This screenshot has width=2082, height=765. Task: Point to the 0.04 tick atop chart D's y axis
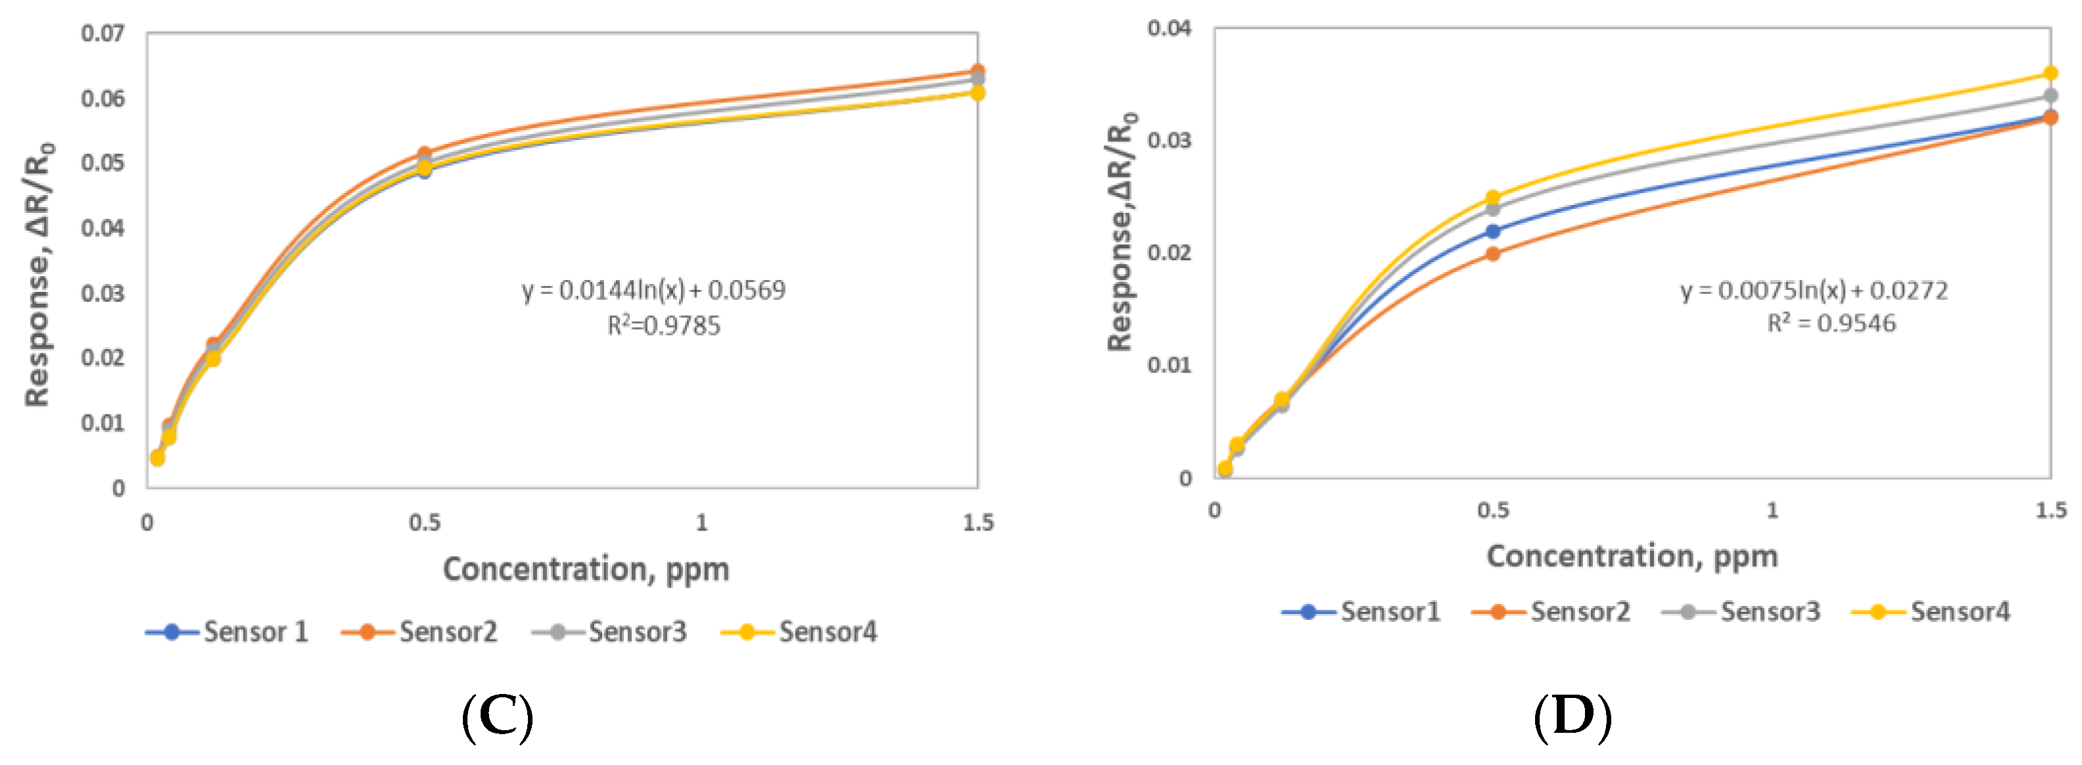pyautogui.click(x=1169, y=28)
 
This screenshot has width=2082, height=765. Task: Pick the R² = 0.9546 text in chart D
pyautogui.click(x=1831, y=323)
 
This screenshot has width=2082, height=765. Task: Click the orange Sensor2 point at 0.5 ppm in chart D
pyautogui.click(x=1493, y=254)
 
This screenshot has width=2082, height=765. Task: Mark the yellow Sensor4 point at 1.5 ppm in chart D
pyautogui.click(x=2050, y=74)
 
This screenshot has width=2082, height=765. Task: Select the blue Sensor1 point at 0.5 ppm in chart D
pyautogui.click(x=1493, y=231)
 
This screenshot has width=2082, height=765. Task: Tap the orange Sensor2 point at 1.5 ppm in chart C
pyautogui.click(x=977, y=71)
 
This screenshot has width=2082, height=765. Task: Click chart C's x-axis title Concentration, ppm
pyautogui.click(x=586, y=569)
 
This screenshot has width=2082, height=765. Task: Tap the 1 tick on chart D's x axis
pyautogui.click(x=1771, y=510)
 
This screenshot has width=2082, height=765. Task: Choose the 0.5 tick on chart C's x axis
pyautogui.click(x=424, y=522)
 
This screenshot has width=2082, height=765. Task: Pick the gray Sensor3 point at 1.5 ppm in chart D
pyautogui.click(x=2050, y=96)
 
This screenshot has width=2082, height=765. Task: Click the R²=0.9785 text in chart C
pyautogui.click(x=664, y=326)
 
